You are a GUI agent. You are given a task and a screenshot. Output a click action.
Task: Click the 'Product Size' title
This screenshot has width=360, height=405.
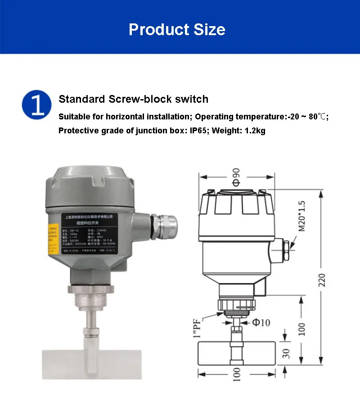pos(177,30)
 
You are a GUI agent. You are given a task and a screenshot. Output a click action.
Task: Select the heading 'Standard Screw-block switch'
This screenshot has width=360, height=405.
pos(134,99)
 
